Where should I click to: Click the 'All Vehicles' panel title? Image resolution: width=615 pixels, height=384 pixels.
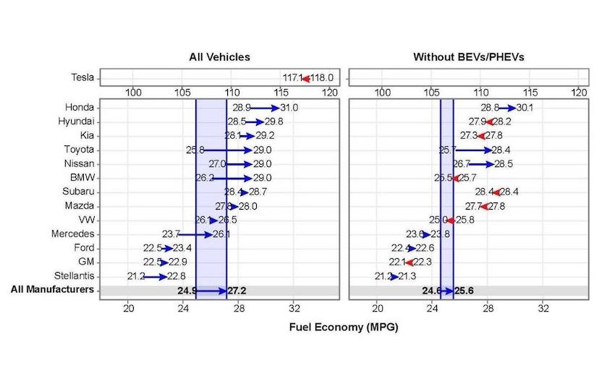tap(219, 56)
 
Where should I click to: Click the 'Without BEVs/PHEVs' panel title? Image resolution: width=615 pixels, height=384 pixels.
tap(468, 56)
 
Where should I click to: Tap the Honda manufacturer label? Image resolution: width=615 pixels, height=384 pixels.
tap(80, 107)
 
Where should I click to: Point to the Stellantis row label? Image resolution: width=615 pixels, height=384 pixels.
tap(75, 276)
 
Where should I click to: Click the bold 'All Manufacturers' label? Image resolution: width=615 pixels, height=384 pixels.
tap(52, 290)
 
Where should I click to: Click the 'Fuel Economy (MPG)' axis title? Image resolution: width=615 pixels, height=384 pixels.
tap(344, 327)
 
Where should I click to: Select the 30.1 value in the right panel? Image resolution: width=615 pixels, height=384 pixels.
tap(525, 108)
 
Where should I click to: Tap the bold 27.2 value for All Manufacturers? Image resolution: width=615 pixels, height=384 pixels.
tap(237, 291)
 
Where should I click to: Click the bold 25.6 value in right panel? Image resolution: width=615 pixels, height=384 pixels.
tap(465, 291)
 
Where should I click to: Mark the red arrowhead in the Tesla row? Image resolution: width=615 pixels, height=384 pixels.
tap(306, 78)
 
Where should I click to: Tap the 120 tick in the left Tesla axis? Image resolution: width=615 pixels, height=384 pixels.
tap(330, 93)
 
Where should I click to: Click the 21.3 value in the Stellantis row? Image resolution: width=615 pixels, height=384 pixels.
tap(407, 276)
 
